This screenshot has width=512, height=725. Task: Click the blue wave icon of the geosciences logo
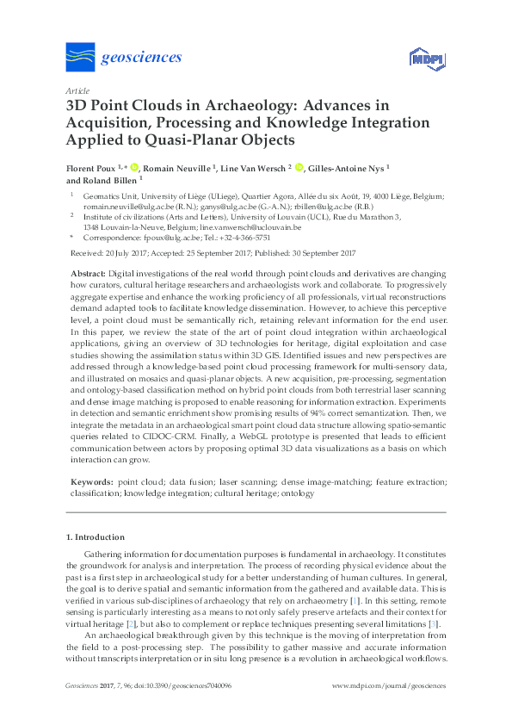(x=81, y=58)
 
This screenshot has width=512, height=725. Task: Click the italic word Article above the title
(x=77, y=90)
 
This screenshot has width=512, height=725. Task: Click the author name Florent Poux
(x=91, y=168)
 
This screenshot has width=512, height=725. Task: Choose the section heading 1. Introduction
(x=95, y=537)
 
